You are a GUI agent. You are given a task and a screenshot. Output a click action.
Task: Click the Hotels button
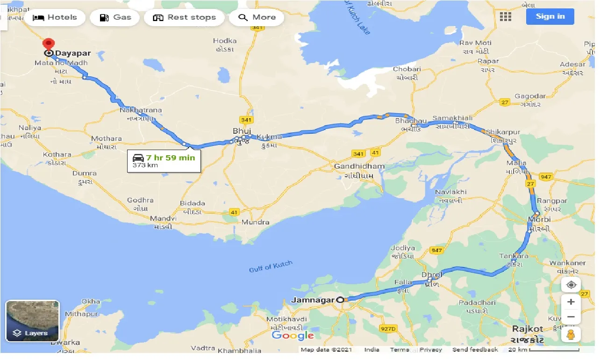(55, 18)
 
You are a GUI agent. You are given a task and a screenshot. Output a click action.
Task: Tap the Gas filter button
(114, 18)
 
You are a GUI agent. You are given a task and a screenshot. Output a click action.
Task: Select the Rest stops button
(184, 18)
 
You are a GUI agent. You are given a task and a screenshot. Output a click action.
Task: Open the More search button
(257, 18)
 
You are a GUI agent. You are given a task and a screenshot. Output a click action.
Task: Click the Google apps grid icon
(505, 17)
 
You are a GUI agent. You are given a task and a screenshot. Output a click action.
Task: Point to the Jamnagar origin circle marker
(341, 300)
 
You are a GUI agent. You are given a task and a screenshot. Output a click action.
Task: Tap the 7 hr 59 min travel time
(170, 158)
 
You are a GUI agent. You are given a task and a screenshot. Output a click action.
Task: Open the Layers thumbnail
(32, 321)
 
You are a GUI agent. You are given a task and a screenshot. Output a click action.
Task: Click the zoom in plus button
(571, 302)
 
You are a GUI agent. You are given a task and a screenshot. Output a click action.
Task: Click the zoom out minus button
(571, 317)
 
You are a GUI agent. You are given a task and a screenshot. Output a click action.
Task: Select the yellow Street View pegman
(571, 335)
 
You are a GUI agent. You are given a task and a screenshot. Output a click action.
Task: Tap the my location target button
(571, 285)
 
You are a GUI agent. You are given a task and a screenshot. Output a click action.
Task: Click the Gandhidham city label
(359, 166)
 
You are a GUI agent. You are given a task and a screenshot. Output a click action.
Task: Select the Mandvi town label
(163, 218)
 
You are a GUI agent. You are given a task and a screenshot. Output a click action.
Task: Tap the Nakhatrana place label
(141, 110)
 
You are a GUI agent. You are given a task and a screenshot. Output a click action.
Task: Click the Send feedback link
(475, 350)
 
